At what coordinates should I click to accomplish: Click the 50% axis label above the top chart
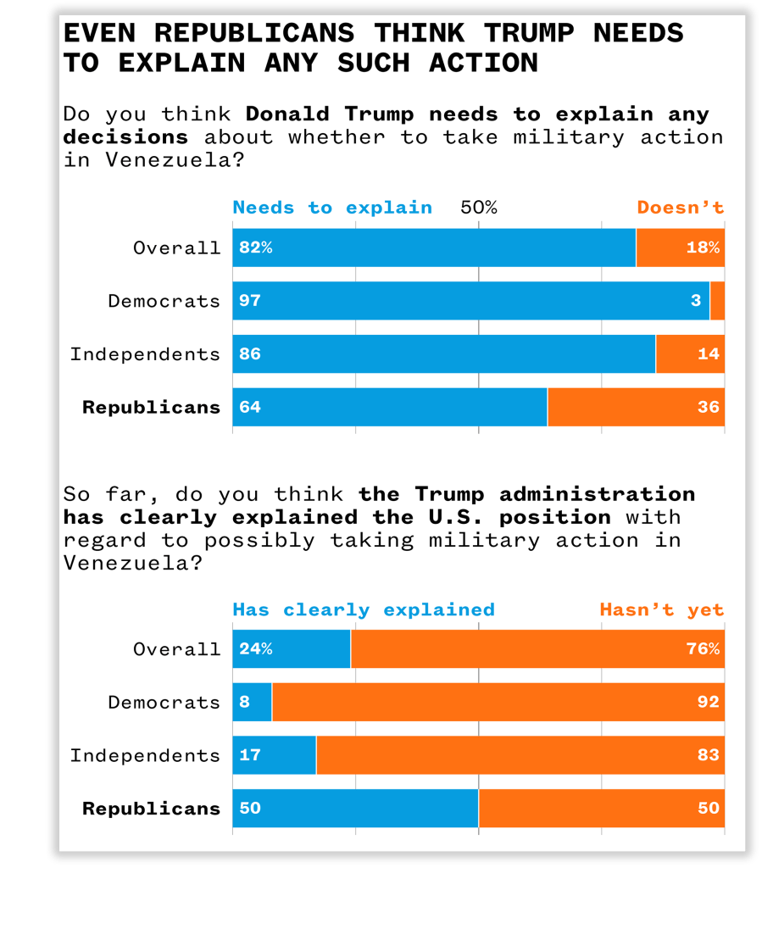pos(478,208)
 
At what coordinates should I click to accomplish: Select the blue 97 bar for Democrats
pos(470,301)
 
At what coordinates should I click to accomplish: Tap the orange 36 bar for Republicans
pos(636,407)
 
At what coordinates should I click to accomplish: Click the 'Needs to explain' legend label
pos(332,208)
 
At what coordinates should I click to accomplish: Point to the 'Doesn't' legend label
pos(680,208)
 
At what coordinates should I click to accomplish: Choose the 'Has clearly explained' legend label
pos(363,609)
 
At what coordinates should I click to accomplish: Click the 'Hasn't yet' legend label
pos(661,609)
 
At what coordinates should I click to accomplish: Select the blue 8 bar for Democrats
pos(253,702)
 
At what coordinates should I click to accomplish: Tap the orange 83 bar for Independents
pos(520,755)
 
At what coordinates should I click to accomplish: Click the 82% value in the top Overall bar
pos(255,247)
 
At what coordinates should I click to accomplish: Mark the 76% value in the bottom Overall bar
pos(703,649)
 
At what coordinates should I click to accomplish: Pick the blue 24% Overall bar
pos(292,649)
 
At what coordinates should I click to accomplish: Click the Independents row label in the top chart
pos(145,354)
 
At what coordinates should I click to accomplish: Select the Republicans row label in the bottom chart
pos(151,809)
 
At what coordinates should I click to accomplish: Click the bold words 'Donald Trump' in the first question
pos(331,114)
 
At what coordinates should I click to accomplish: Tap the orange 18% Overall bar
pos(680,247)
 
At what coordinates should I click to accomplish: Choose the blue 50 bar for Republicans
pos(355,809)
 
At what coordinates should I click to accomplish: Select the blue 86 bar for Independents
pos(443,354)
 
